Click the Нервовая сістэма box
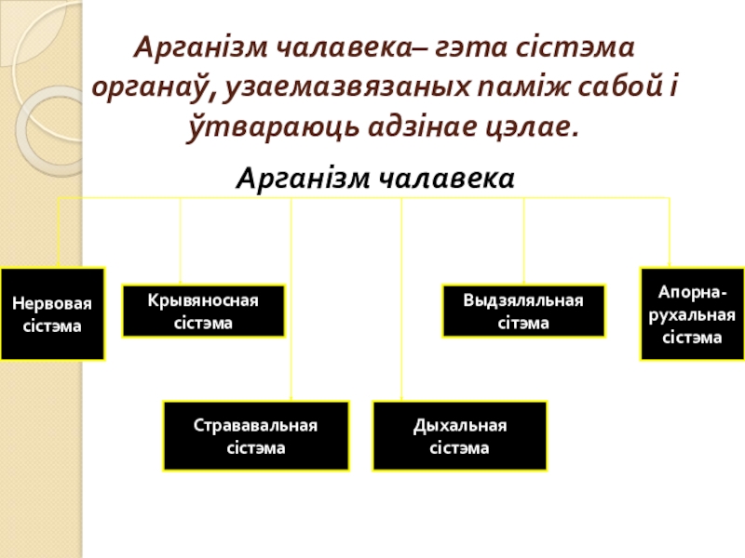(52, 314)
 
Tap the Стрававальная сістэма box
(256, 435)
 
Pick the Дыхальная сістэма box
(459, 435)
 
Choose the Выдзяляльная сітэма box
(522, 311)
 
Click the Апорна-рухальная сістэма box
(692, 314)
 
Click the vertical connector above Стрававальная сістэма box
(291, 298)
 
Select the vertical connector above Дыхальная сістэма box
(401, 298)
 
